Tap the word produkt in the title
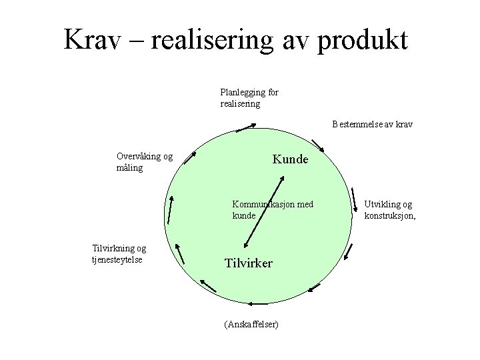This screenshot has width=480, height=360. point(363,41)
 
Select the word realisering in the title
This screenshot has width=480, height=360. point(213,41)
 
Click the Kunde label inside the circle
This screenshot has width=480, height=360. point(290,160)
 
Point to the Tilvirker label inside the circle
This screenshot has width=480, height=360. point(248,263)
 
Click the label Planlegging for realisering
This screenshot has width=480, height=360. point(249,98)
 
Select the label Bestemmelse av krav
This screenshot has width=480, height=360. point(373,124)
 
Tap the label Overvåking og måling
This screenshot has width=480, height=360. point(144,162)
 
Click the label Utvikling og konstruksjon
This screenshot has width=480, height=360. point(389,209)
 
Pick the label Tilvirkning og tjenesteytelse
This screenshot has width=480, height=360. point(119,253)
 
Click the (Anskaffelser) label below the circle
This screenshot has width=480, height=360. point(251,325)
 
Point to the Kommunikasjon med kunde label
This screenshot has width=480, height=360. point(272,209)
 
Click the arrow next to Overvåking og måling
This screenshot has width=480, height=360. point(190,157)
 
